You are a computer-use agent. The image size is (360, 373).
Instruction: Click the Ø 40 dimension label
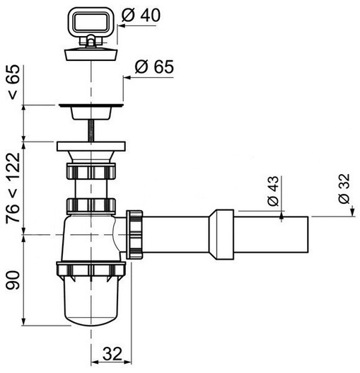(141, 16)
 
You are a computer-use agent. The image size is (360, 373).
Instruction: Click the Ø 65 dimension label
(154, 67)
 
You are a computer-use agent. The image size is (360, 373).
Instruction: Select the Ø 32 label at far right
(344, 189)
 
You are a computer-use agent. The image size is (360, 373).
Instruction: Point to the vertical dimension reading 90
(13, 280)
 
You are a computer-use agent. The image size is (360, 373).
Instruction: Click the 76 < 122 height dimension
(13, 188)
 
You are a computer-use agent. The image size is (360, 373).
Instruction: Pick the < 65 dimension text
(13, 82)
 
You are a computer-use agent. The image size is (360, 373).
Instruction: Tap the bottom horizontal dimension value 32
(112, 354)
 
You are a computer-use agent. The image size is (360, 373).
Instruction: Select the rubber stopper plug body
(91, 54)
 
